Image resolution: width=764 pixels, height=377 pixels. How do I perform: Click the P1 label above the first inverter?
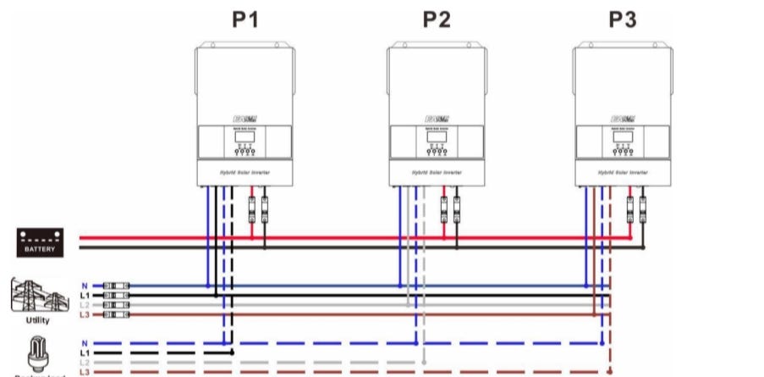coord(245,20)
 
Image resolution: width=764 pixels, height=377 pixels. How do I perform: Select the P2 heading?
coord(437,20)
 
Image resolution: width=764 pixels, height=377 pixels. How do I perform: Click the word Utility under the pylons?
coord(38,321)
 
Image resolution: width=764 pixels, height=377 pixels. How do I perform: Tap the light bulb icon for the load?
coord(37,351)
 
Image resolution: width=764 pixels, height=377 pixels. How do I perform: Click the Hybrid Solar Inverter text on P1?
coord(245,173)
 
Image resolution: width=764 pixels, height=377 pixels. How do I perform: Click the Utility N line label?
coord(84,286)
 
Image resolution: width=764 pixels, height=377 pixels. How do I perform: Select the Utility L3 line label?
coord(84,314)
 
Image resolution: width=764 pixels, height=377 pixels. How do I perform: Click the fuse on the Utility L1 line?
coord(115,295)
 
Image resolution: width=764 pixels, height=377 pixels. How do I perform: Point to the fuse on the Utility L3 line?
coord(115,314)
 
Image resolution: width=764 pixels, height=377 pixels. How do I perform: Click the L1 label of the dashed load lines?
coord(84,352)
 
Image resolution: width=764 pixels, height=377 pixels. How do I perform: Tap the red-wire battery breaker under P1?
coord(251,208)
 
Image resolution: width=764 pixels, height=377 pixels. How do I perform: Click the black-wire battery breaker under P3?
coord(643,208)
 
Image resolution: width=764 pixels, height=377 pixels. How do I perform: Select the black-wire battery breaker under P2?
coord(457,208)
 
